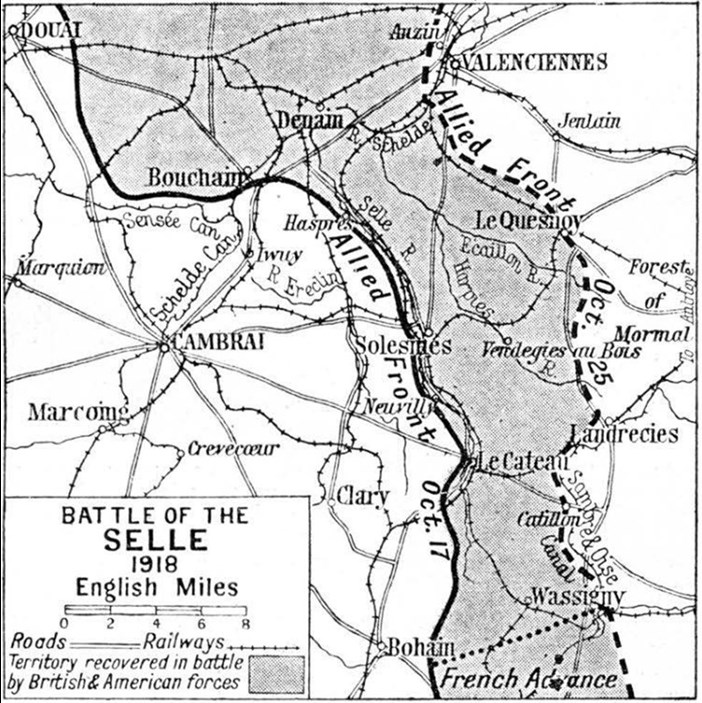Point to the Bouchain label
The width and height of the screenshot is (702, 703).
(x=195, y=177)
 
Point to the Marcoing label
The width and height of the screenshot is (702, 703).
(x=78, y=412)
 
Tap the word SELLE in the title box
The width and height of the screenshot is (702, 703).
(x=156, y=540)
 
